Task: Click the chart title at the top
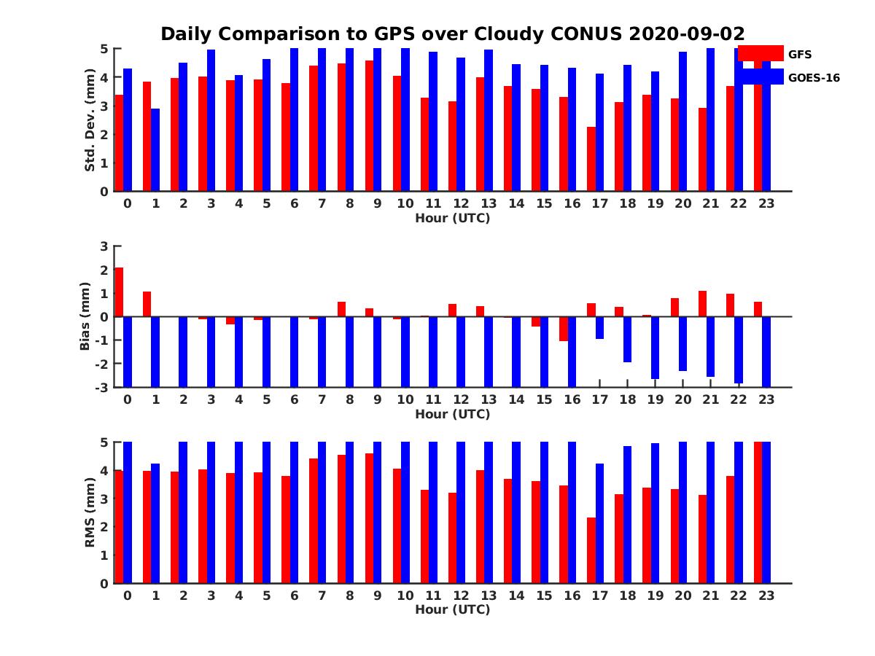click(x=452, y=34)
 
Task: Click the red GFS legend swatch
click(x=760, y=53)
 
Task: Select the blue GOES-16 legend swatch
click(x=760, y=77)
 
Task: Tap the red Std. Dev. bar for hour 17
click(x=591, y=159)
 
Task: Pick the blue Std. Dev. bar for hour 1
click(x=155, y=150)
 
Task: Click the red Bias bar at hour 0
click(x=119, y=292)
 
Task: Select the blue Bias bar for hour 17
click(x=599, y=328)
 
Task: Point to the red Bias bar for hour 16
click(x=564, y=329)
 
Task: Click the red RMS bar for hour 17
click(x=591, y=550)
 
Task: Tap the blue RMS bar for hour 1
click(x=155, y=523)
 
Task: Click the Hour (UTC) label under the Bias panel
click(x=452, y=414)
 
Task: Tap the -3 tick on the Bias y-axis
click(x=103, y=387)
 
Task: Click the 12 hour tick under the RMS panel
click(x=461, y=595)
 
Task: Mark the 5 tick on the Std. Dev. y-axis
click(x=105, y=49)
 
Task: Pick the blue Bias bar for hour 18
click(x=627, y=340)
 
